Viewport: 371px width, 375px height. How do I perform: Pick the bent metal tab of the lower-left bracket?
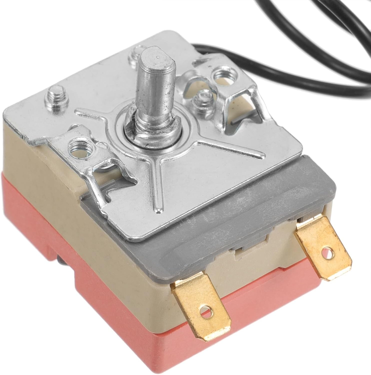pyautogui.click(x=105, y=185)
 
